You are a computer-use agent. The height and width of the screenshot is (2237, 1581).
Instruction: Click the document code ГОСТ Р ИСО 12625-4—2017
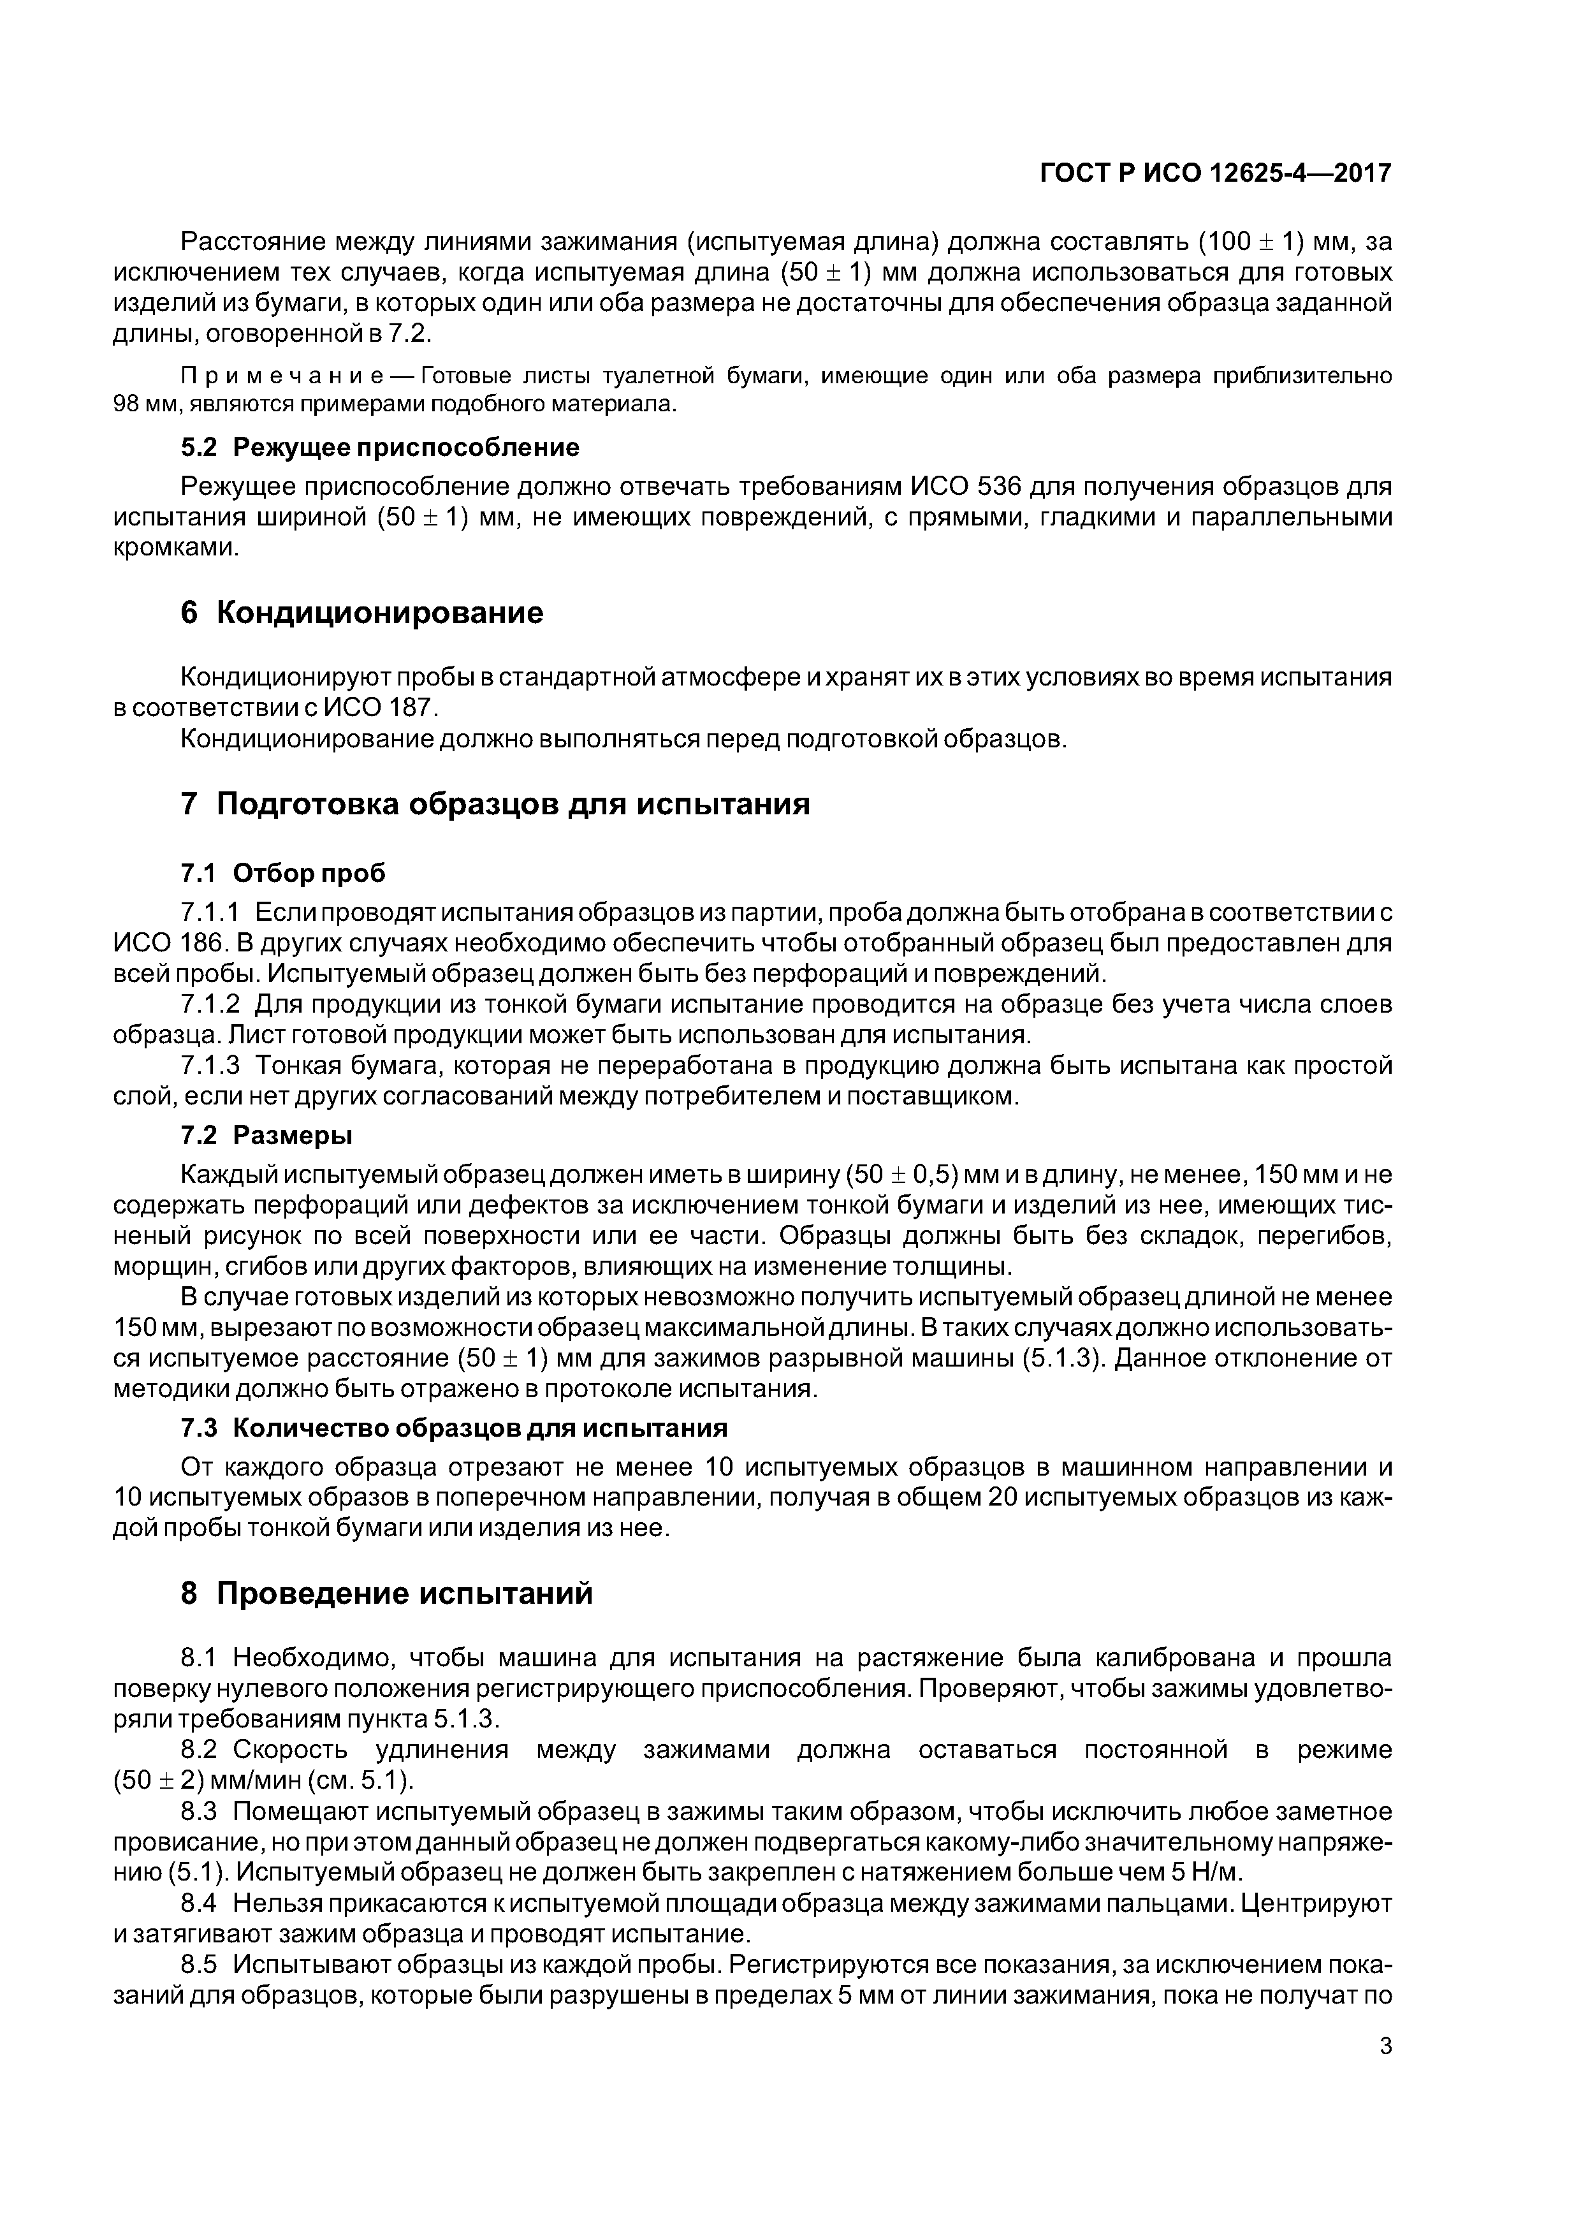tap(1214, 173)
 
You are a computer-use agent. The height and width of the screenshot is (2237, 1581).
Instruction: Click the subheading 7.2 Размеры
tap(266, 1135)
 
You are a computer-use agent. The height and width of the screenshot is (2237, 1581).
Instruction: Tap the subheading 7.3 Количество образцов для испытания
tap(453, 1427)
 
